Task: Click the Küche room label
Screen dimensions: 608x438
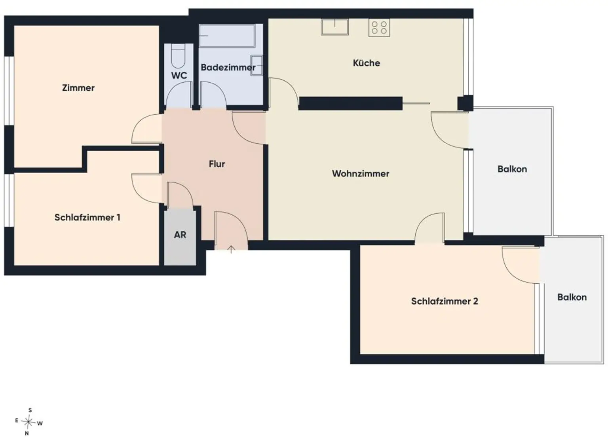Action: (x=366, y=63)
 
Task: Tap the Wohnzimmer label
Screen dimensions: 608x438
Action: (x=361, y=174)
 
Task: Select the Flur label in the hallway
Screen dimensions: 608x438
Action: (x=217, y=164)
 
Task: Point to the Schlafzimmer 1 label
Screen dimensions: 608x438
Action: (x=87, y=217)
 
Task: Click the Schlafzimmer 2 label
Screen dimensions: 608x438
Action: (x=445, y=301)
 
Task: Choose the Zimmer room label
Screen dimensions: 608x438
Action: (x=78, y=88)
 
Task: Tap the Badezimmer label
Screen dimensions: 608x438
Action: (x=228, y=68)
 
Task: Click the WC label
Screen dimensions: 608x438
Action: (x=179, y=76)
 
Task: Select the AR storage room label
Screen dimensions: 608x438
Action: (x=180, y=235)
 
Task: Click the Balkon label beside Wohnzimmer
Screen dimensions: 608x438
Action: (x=512, y=169)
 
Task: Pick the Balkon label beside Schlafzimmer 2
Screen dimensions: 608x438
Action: (x=572, y=297)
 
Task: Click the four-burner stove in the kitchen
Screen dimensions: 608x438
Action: (x=379, y=28)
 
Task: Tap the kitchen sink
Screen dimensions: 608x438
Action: (x=334, y=27)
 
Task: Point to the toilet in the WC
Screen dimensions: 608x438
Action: (x=179, y=56)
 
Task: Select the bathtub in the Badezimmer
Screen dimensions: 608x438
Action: (x=227, y=36)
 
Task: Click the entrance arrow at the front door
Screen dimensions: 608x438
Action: (x=231, y=249)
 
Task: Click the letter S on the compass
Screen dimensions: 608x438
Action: (x=30, y=410)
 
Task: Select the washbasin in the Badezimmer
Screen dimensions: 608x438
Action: (x=257, y=65)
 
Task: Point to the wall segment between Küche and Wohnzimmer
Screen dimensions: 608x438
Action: (x=350, y=103)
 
